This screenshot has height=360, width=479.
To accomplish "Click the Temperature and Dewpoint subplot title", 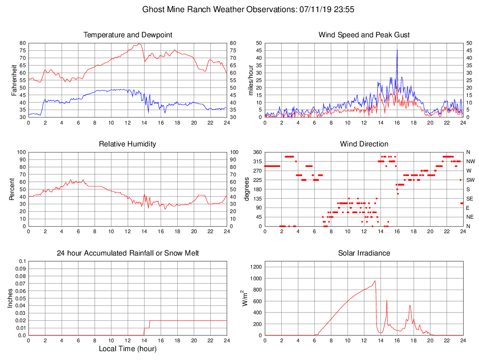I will pos(127,35).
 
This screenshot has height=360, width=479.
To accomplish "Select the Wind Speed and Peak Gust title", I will pos(364,35).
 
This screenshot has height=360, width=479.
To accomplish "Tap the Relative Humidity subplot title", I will pos(127,144).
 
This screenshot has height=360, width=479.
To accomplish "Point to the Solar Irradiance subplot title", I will pos(364,253).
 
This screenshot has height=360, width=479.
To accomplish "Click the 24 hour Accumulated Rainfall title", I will pos(127,253).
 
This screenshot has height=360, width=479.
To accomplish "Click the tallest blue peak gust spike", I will pos(397,50).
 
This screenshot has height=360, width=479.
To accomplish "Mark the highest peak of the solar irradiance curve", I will pos(375,281).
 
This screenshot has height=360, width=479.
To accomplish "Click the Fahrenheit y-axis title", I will pos(14,80).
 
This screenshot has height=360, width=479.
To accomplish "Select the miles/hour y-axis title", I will pos(250,80).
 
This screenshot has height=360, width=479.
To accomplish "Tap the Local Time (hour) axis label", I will pos(127,349).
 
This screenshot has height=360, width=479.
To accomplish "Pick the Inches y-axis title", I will pos(10,298).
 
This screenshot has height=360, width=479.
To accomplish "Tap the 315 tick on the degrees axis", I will pos(256,161).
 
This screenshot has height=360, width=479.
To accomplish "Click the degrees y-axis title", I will pos(248,189).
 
